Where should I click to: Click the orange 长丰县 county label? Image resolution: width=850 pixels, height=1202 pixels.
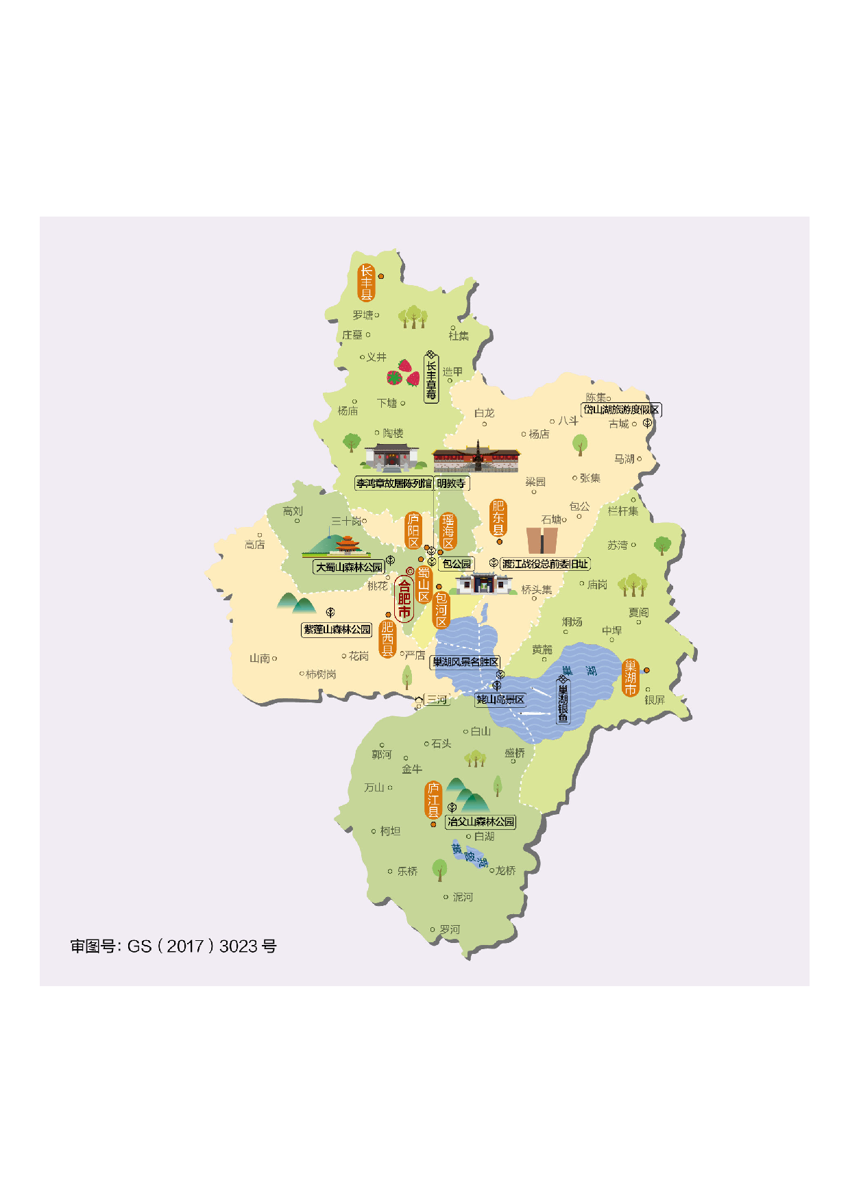(x=367, y=282)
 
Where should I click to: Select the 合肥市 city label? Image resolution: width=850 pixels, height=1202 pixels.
(x=404, y=599)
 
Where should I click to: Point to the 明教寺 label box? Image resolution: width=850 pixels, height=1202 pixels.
(x=451, y=483)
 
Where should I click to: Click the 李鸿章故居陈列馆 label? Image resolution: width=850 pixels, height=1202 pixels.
(x=393, y=483)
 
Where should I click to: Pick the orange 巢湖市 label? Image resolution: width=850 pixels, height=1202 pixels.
(x=630, y=677)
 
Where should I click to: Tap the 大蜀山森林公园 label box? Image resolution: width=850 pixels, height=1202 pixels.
(x=349, y=567)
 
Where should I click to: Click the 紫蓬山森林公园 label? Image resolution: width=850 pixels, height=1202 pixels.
(x=337, y=629)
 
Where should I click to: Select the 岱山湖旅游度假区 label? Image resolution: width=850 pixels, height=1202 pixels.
(x=621, y=410)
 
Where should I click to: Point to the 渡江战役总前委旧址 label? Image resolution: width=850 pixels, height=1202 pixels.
(x=545, y=564)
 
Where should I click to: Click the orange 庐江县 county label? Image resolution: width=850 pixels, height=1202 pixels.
(x=433, y=800)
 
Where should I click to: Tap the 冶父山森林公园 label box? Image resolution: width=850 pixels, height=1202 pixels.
(x=481, y=822)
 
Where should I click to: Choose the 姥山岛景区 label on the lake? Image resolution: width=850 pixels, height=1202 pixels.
(x=500, y=700)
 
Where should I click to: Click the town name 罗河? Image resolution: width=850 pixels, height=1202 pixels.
(x=450, y=929)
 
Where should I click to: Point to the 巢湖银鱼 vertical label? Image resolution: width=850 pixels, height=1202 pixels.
(x=563, y=703)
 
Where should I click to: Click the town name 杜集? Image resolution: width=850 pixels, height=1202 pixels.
(x=459, y=335)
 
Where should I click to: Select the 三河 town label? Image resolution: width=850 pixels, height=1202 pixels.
(x=437, y=700)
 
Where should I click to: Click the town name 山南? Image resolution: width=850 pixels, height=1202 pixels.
(x=260, y=659)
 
